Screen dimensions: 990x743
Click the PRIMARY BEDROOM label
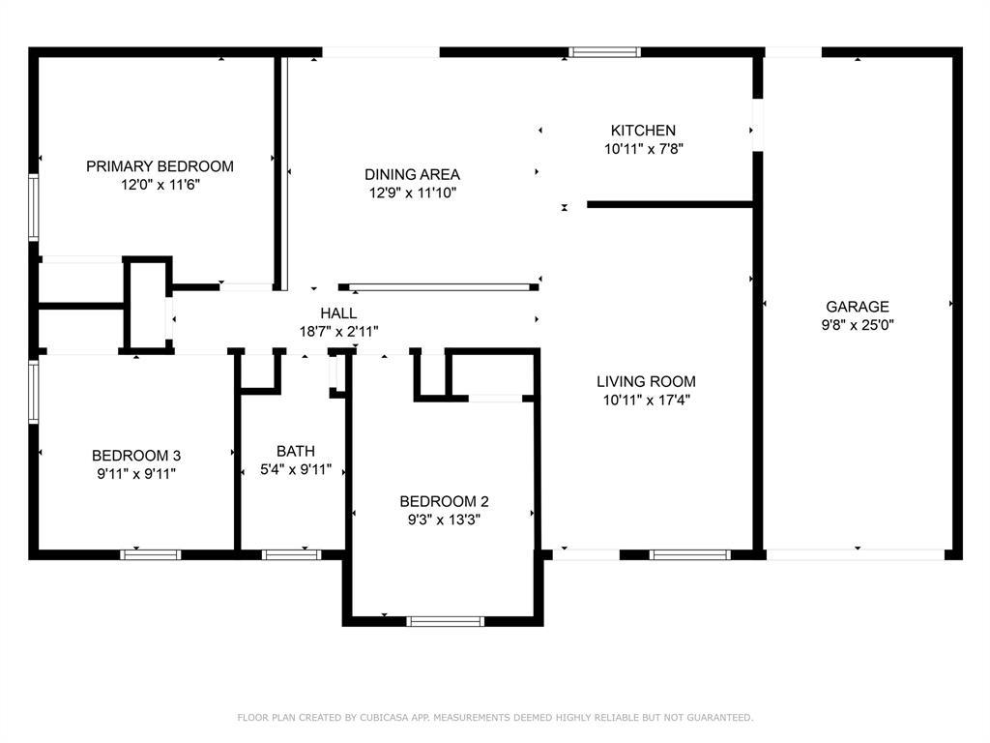[160, 166]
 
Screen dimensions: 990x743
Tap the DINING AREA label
[412, 174]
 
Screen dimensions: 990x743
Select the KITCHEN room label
[643, 131]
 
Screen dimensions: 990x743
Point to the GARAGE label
[858, 307]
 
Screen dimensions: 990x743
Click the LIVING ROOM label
[646, 381]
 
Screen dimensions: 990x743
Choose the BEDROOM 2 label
[444, 502]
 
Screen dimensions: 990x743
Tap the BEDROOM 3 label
[136, 456]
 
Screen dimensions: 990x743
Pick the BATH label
[296, 451]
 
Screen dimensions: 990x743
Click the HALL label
[338, 312]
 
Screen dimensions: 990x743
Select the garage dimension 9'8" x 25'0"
[858, 325]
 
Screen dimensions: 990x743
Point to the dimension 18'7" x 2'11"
[338, 332]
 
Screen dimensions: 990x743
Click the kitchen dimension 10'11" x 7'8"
[643, 149]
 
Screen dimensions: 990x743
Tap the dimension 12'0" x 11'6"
[160, 185]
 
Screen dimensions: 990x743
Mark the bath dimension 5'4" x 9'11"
[296, 470]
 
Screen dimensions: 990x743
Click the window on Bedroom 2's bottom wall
[445, 621]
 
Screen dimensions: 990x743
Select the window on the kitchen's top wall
[604, 52]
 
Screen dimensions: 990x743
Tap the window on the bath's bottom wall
[292, 554]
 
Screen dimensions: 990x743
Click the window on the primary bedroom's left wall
[34, 207]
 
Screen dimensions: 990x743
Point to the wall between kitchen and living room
[670, 205]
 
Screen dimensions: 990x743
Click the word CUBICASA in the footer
[385, 718]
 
